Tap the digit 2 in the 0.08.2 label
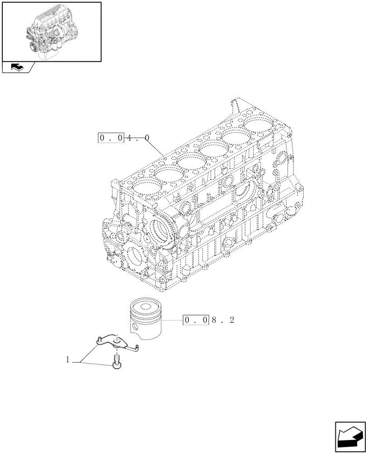[x=232, y=321]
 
